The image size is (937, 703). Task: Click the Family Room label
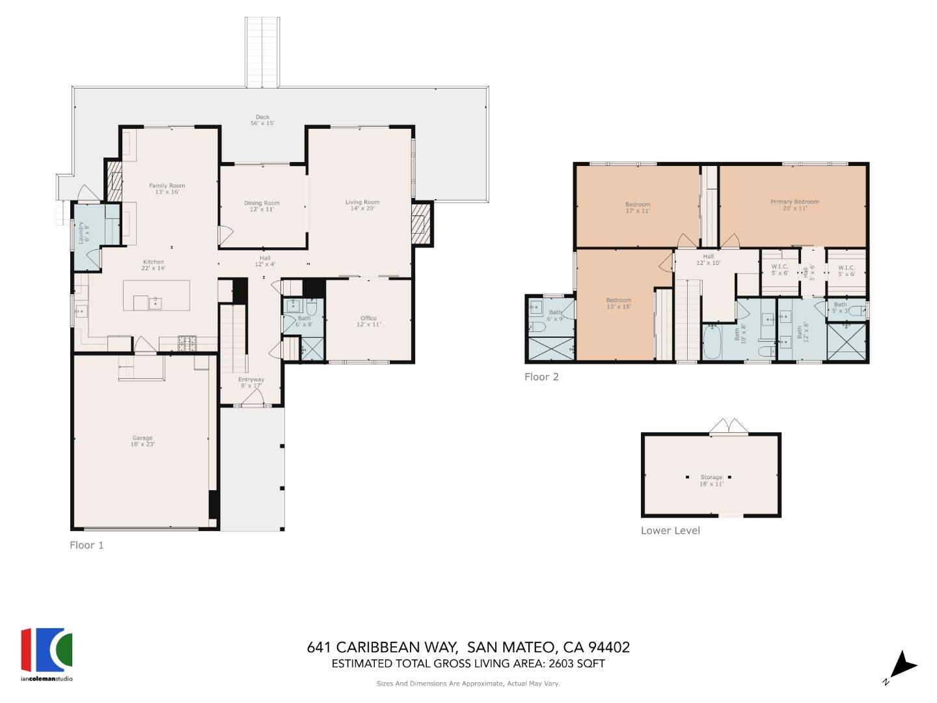[167, 189]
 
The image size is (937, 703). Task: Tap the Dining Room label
[262, 206]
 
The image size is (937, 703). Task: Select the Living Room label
[362, 205]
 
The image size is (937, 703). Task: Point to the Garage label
[143, 441]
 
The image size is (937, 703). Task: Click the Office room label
[368, 321]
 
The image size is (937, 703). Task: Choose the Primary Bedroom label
[794, 204]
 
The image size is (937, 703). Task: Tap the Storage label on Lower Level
[711, 480]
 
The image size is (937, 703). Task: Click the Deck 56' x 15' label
[262, 120]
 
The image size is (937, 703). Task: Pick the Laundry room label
[84, 232]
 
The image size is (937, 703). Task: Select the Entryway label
[251, 382]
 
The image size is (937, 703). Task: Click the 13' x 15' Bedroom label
[618, 303]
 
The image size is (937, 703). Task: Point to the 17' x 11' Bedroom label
[638, 208]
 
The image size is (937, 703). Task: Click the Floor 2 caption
[541, 377]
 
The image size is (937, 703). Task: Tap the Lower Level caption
[670, 531]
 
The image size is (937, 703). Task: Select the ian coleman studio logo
[47, 654]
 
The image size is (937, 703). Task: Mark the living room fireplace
[420, 223]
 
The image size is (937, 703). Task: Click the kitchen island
[157, 296]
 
